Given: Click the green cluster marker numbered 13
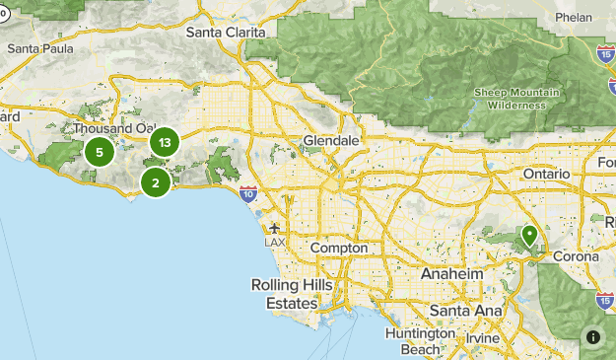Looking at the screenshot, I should [164, 143].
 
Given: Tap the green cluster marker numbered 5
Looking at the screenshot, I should [99, 152].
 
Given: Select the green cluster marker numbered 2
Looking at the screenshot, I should [155, 181].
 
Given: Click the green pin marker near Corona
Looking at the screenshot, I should [529, 236].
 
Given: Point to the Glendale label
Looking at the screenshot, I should [331, 141].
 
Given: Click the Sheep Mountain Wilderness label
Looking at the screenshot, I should [510, 99].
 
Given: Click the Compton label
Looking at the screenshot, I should [338, 249].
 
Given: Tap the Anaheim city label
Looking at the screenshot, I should [451, 273].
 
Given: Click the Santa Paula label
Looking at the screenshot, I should [35, 47].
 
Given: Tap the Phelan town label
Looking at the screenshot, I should [573, 17].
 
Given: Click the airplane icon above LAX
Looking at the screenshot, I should [274, 229].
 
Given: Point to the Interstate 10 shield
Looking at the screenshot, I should [247, 194].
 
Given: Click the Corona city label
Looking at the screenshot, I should [576, 256].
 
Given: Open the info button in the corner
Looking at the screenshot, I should [593, 336].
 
